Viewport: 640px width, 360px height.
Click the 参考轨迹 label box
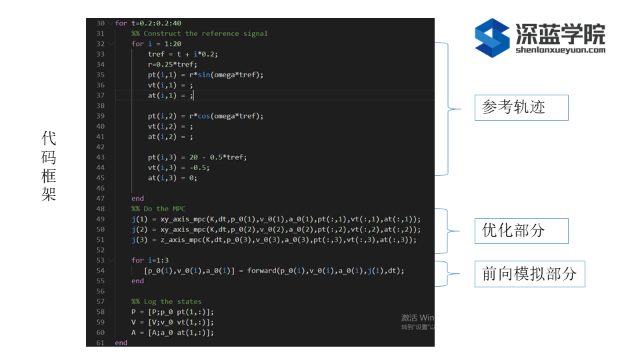coord(521,107)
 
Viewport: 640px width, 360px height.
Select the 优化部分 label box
coord(521,231)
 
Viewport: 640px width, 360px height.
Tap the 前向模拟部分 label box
coord(530,274)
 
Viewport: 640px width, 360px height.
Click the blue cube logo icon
coord(492,37)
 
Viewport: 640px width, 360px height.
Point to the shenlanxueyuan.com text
coord(561,50)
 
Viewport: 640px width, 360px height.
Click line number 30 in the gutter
coord(101,23)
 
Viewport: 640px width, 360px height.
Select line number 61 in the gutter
coord(101,343)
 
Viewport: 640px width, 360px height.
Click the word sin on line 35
coord(204,75)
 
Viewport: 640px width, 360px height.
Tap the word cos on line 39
coord(204,116)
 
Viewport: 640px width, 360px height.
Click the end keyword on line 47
coord(137,199)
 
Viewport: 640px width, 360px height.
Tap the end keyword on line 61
coord(121,343)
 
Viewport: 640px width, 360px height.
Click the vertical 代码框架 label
coord(49,166)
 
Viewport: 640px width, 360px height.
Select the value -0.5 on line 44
coord(199,168)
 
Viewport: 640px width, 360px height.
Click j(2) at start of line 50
coord(139,229)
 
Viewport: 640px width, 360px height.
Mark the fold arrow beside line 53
coord(110,261)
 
